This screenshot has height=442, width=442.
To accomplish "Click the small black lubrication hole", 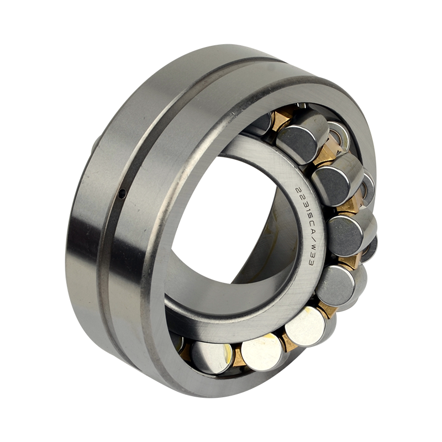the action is click(122, 193).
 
